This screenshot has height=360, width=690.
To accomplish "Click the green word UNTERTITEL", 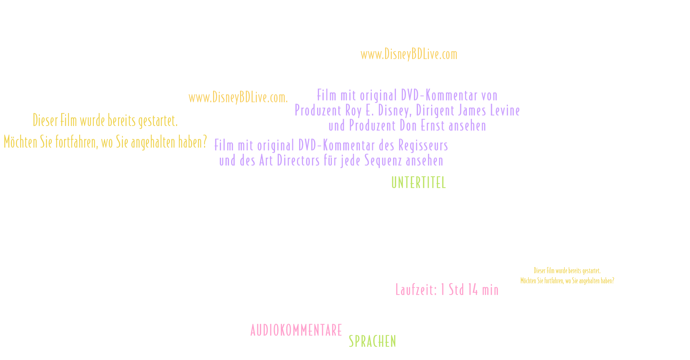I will [x=419, y=183].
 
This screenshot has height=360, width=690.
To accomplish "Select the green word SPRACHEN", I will [x=372, y=341].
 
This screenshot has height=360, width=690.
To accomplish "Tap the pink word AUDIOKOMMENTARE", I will [x=296, y=330].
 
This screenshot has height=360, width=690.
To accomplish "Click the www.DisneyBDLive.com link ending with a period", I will [x=238, y=98].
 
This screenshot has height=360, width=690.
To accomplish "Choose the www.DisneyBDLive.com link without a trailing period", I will [x=409, y=54].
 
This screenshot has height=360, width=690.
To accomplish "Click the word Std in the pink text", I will [x=456, y=289].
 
